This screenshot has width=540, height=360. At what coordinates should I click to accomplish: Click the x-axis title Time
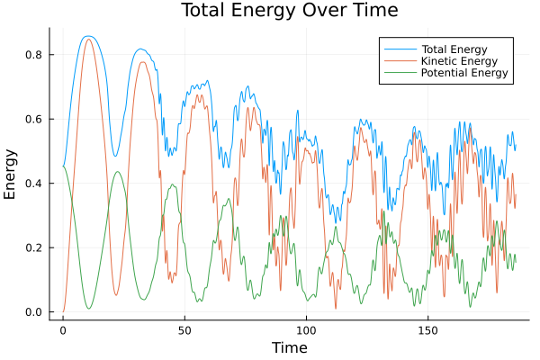click(289, 347)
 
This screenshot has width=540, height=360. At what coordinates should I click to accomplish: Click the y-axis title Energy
click(11, 174)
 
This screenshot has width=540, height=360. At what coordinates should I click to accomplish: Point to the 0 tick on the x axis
click(63, 329)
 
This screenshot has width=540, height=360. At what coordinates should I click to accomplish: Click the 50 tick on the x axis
click(184, 329)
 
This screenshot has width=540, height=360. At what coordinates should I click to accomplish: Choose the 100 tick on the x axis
click(306, 329)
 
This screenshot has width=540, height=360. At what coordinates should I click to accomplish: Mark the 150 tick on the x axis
click(427, 329)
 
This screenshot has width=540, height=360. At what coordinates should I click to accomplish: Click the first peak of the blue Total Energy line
click(87, 36)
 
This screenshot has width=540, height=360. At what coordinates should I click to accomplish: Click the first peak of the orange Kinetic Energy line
click(87, 39)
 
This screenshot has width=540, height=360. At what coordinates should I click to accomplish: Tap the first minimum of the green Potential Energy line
click(88, 309)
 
